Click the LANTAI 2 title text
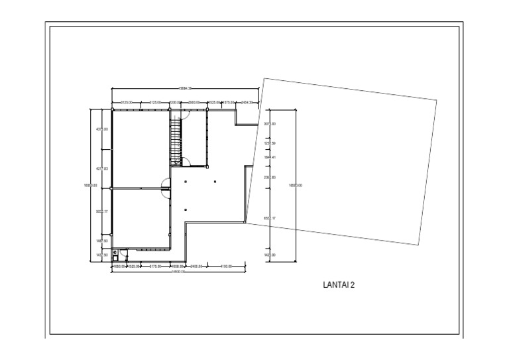coord(339,286)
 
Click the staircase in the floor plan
coord(176,141)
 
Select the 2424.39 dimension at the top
coord(248,103)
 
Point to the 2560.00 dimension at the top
coord(194,103)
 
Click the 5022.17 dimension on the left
coord(102,212)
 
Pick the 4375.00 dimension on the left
coord(102,129)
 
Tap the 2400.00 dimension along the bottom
coord(196,267)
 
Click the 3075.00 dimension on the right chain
coord(270,124)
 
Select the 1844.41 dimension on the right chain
coord(270,157)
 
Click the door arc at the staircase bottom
coord(186,160)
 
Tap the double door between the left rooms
coord(164,189)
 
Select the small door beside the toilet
coord(123,253)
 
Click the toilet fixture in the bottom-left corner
coord(115,253)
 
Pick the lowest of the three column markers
coord(186,210)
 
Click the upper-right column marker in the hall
coord(215,181)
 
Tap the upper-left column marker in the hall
coord(186,181)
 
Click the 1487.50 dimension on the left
coord(102,241)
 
